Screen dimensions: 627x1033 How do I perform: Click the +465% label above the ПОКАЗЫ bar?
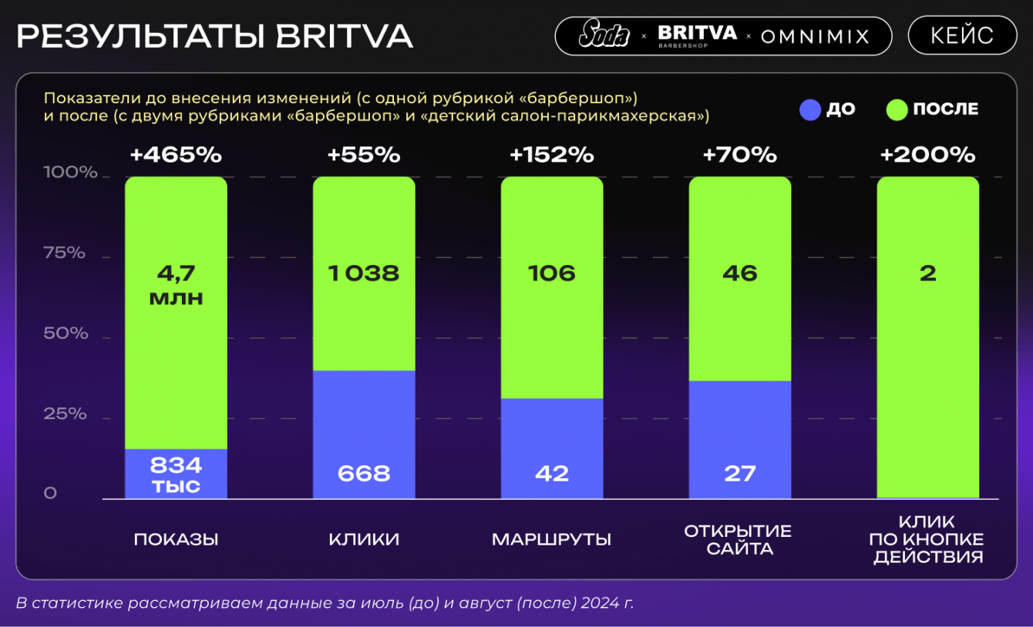[176, 155]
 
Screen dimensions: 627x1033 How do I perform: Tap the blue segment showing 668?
[364, 435]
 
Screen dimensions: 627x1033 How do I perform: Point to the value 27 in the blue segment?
[740, 473]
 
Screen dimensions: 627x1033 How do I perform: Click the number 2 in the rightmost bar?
[928, 273]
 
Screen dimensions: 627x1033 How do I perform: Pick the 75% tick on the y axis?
[65, 253]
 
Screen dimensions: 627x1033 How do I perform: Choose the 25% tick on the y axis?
[65, 414]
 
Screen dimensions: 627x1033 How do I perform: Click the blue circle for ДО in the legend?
[810, 109]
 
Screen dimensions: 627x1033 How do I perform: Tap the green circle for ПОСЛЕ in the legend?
[897, 109]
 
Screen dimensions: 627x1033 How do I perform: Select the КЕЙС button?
[962, 35]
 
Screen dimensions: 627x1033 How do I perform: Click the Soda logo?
[604, 35]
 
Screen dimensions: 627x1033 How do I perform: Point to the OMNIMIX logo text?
[815, 36]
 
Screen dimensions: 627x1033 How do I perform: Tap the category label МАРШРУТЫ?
[552, 539]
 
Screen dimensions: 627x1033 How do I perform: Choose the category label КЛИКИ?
[364, 539]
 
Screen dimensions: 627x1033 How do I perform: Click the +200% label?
[928, 155]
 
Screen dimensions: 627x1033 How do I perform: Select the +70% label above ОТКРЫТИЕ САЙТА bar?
[740, 155]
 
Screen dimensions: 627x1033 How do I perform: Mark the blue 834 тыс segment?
[176, 474]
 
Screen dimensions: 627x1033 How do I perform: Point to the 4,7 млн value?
[176, 285]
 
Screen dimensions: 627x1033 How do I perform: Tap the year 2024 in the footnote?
[597, 602]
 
